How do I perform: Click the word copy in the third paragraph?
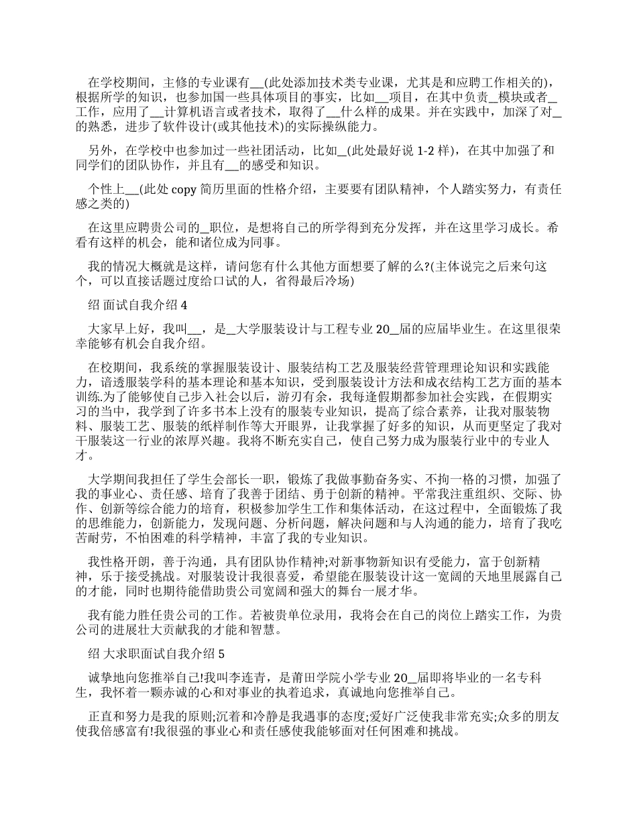184,190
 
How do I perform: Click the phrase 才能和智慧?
237,630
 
